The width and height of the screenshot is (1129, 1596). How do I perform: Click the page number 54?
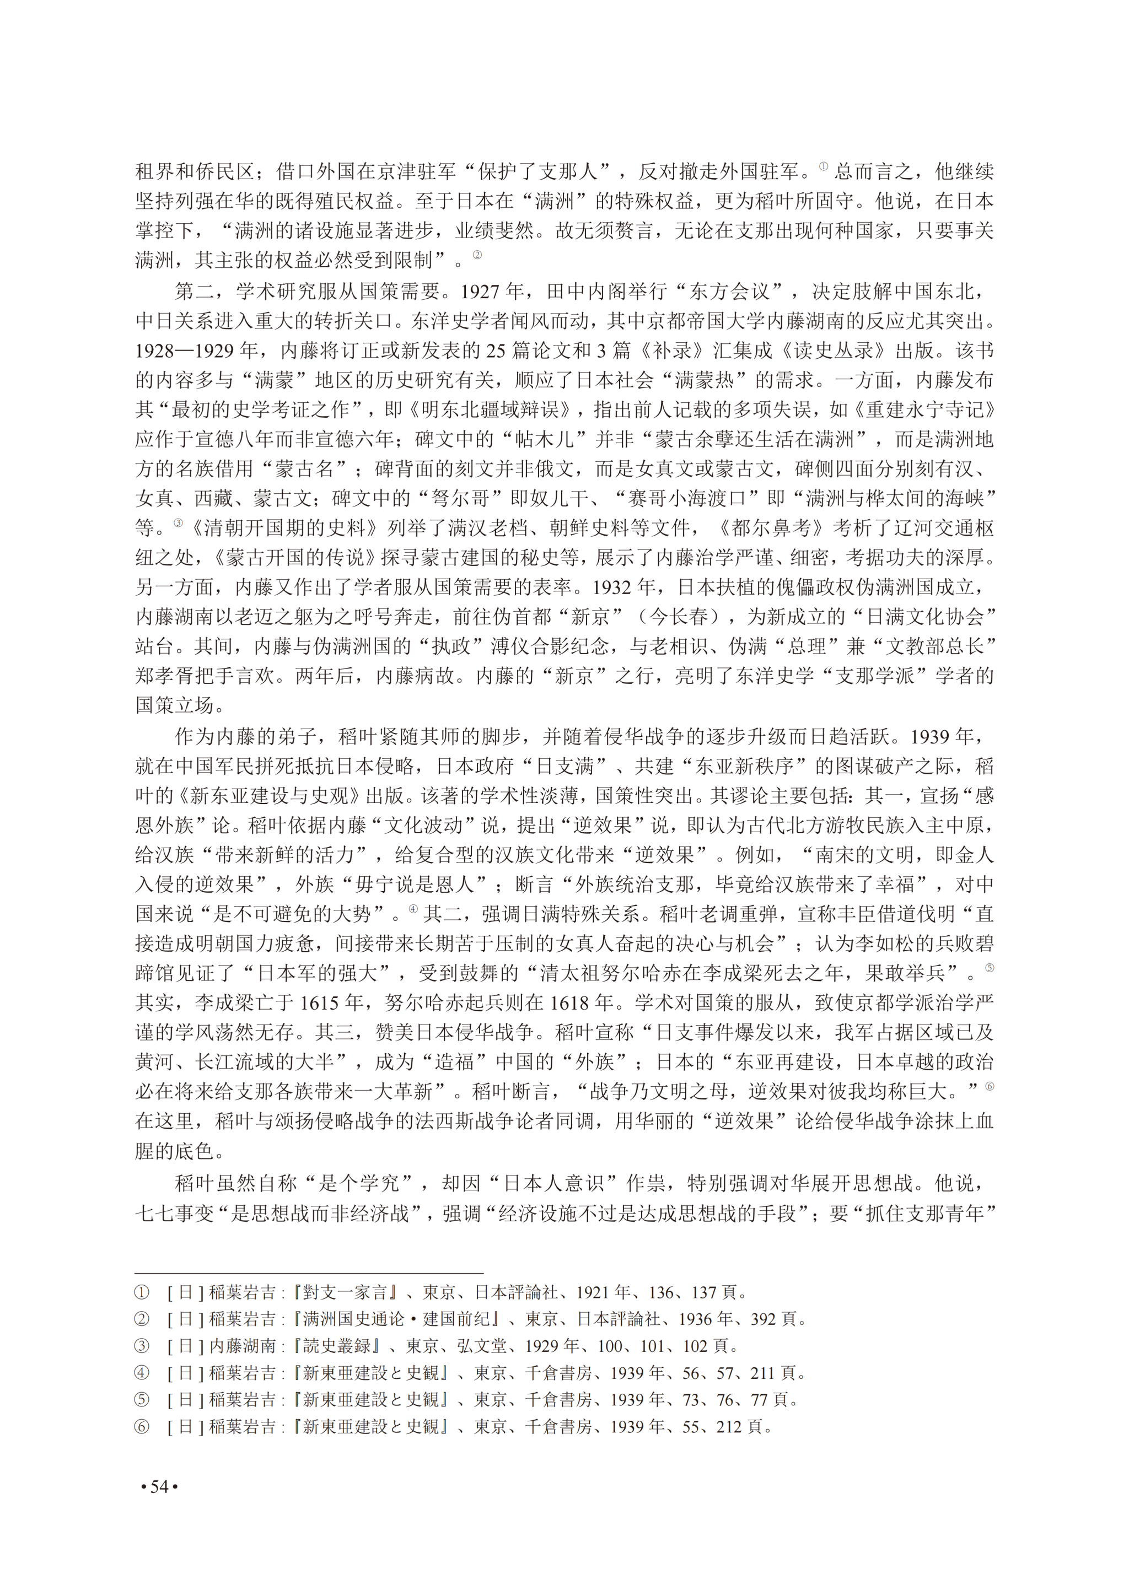159,1486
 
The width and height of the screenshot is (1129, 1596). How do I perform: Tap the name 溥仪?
511,646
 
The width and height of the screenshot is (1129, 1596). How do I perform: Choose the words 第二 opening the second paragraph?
194,291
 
